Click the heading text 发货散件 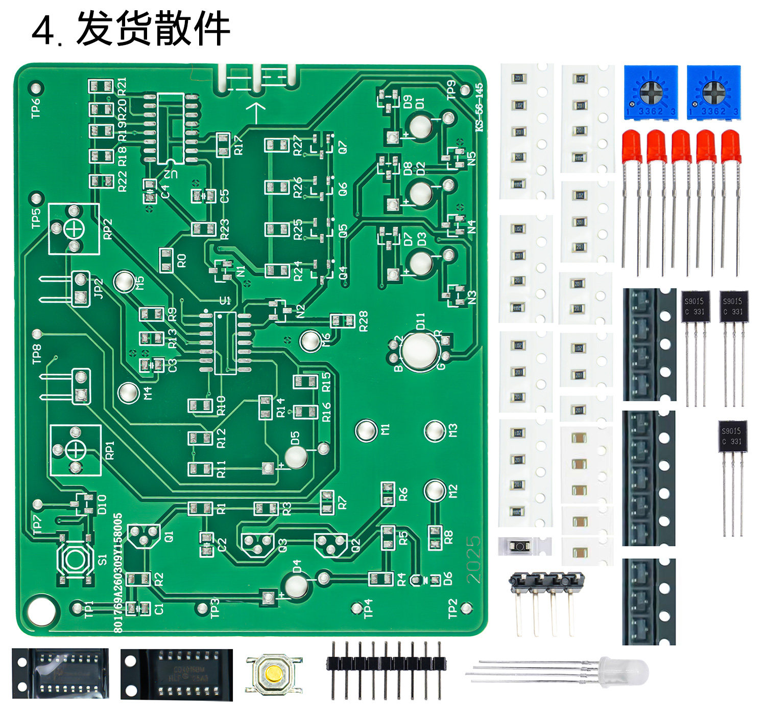point(153,29)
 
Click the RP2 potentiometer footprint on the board point(74,229)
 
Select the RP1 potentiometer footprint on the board point(76,450)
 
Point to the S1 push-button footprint point(76,559)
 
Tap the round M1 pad point(366,430)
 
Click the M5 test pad point(124,281)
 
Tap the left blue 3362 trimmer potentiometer point(651,93)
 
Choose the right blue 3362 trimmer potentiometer point(713,93)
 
